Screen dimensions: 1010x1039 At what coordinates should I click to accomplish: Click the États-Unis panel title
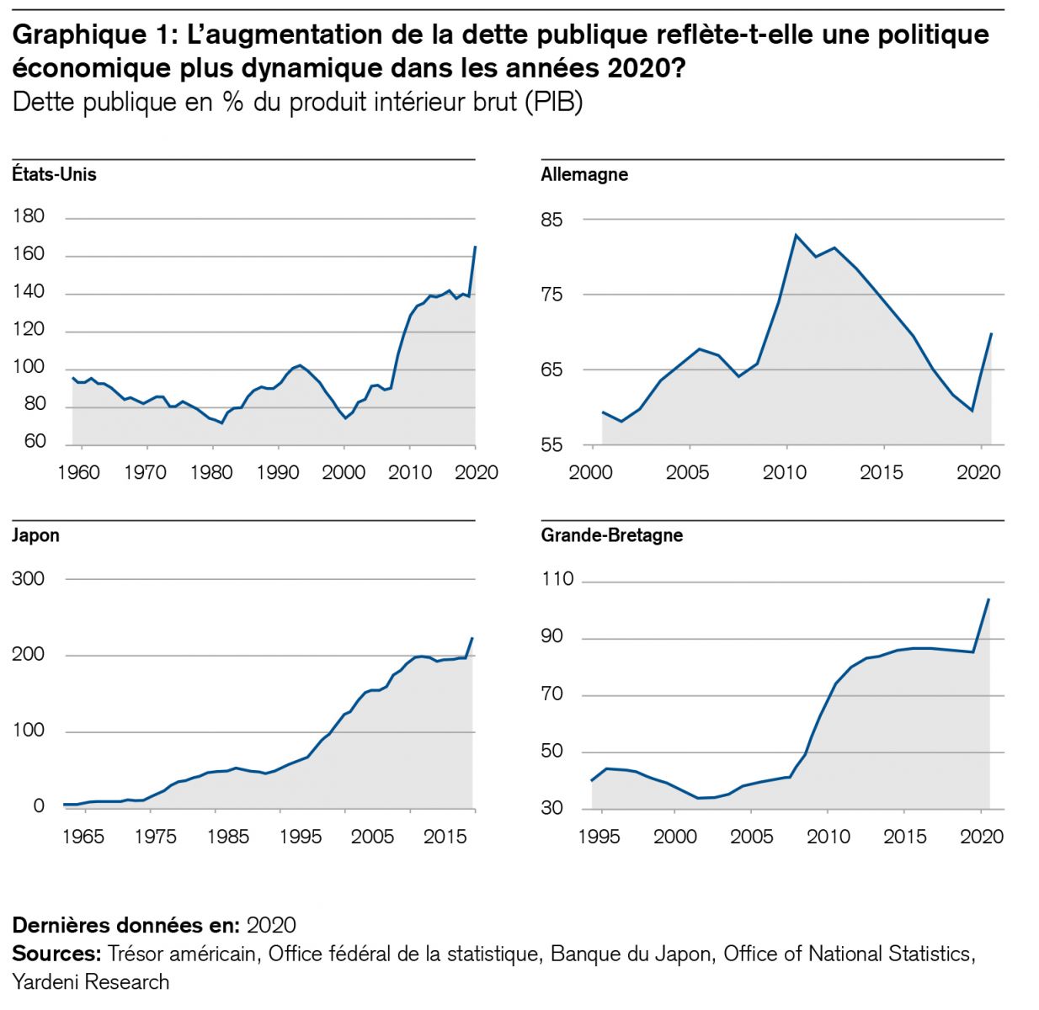click(55, 174)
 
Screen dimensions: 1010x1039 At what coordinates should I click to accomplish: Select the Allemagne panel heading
click(584, 174)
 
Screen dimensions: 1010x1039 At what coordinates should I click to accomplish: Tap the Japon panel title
click(36, 535)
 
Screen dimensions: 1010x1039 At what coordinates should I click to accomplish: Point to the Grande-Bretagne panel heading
click(612, 535)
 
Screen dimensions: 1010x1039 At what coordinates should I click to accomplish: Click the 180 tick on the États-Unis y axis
click(29, 216)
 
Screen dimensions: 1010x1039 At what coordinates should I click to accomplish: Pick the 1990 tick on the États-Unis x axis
click(278, 472)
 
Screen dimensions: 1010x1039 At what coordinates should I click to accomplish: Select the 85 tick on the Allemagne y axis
click(551, 220)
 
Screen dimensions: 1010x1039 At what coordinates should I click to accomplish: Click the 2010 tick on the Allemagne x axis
click(785, 472)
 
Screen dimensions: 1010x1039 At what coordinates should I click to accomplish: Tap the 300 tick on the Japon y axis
click(29, 579)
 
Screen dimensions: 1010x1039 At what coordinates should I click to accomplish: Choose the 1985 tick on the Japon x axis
click(228, 836)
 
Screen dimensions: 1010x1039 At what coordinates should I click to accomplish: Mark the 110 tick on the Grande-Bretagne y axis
click(557, 579)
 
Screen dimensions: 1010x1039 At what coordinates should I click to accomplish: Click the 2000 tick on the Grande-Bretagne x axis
click(675, 836)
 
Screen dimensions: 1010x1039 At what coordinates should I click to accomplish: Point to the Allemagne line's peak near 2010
click(796, 235)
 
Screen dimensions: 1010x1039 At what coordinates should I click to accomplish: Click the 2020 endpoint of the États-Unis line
click(476, 246)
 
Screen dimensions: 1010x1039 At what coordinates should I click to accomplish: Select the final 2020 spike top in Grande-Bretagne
click(988, 599)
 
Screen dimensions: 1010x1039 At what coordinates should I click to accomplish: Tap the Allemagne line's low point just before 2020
click(972, 411)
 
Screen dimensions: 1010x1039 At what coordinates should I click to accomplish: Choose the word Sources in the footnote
click(56, 954)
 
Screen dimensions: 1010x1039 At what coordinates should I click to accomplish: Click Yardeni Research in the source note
click(91, 981)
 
